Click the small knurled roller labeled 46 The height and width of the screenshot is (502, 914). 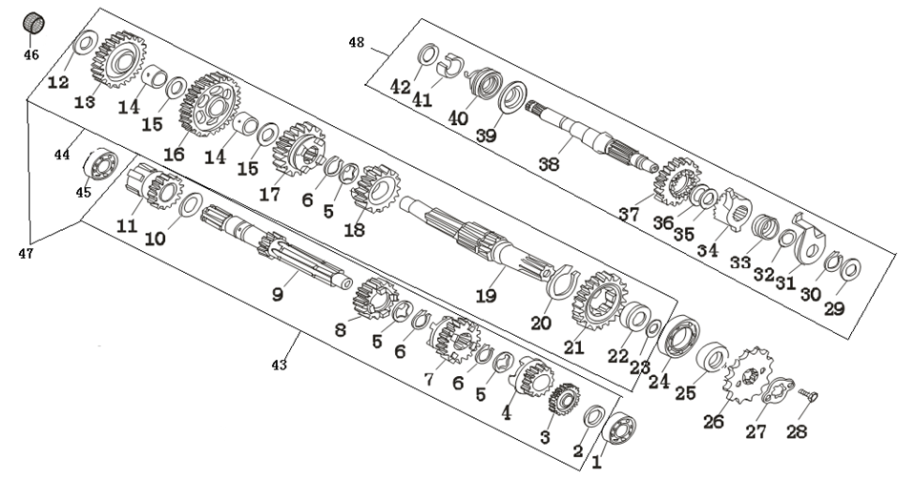click(x=33, y=23)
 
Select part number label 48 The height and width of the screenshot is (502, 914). click(x=356, y=43)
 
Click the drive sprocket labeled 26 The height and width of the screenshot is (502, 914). click(x=748, y=375)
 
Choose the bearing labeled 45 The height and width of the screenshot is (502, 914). click(x=101, y=164)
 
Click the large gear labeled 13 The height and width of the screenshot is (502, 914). click(x=117, y=60)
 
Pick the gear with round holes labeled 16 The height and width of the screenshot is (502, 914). click(x=209, y=104)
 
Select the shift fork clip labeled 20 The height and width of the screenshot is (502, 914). click(x=562, y=281)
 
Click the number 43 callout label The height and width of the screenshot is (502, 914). click(x=280, y=365)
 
